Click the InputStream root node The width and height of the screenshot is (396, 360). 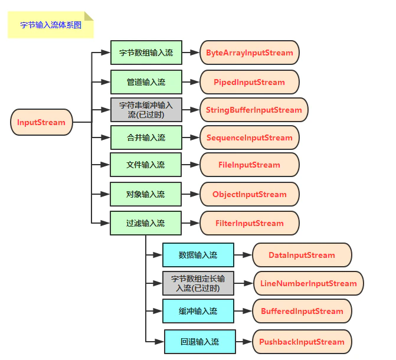[41, 123]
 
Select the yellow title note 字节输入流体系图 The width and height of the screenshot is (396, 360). [50, 25]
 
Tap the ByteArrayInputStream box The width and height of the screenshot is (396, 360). [249, 53]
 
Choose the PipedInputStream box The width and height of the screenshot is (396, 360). [249, 82]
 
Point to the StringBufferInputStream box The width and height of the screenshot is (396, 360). [254, 110]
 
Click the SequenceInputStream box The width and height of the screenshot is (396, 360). [249, 138]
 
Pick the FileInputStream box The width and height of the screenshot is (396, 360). [249, 165]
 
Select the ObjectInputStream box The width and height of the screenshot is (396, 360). [249, 194]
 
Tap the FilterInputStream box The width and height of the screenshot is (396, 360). [249, 223]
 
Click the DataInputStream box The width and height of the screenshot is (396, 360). [302, 255]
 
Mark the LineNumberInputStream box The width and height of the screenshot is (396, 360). [308, 283]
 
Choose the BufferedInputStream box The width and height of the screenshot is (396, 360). [302, 311]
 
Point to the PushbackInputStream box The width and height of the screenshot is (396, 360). [302, 342]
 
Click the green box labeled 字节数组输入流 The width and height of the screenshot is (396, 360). [146, 53]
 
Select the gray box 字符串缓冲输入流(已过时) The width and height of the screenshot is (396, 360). [146, 110]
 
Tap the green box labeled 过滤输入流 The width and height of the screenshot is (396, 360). [146, 223]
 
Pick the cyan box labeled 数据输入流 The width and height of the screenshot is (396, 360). [198, 255]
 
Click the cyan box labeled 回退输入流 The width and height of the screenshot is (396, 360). [199, 342]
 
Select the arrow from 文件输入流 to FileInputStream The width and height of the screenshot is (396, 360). [191, 165]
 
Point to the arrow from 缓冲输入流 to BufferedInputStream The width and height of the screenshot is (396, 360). [243, 311]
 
